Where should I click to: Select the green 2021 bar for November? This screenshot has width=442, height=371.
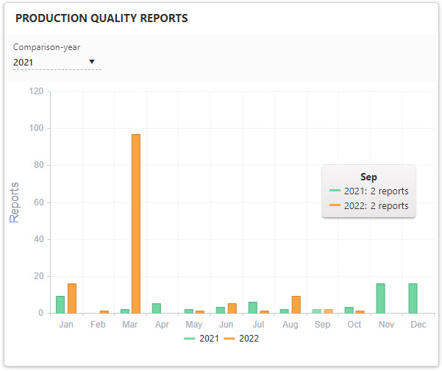click(x=381, y=298)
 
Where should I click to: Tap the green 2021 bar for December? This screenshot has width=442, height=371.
click(x=413, y=298)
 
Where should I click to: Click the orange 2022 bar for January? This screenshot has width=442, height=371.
click(x=72, y=298)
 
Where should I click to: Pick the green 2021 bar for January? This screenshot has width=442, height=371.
click(x=60, y=304)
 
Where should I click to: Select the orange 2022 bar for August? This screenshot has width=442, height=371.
click(x=296, y=304)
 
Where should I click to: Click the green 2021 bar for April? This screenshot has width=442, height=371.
click(x=157, y=308)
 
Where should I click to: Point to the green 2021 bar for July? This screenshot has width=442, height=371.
click(x=252, y=307)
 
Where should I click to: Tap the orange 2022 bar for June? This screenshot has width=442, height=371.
click(x=232, y=308)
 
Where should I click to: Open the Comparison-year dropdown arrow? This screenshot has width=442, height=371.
click(x=92, y=62)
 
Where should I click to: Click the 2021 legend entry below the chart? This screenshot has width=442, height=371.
click(x=204, y=339)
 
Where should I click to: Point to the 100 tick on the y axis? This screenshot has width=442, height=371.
click(x=35, y=128)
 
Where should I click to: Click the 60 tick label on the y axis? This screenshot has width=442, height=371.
click(x=38, y=202)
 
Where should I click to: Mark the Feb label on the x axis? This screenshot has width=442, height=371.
click(x=99, y=325)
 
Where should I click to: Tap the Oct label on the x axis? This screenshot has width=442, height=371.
click(x=354, y=325)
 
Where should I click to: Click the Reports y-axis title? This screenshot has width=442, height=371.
click(x=15, y=202)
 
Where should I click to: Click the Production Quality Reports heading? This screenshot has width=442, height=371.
click(x=101, y=18)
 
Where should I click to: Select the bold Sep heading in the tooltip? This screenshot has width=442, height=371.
click(x=368, y=177)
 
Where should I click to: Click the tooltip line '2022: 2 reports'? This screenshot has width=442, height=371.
click(x=375, y=206)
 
